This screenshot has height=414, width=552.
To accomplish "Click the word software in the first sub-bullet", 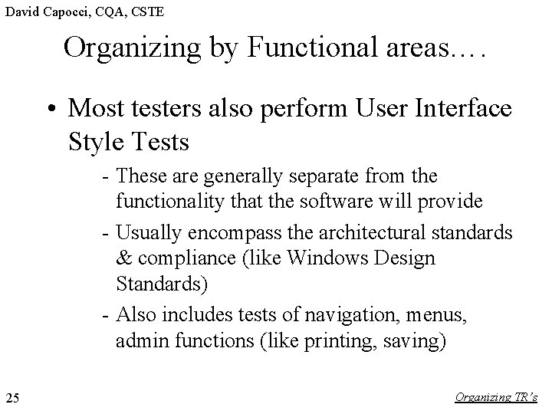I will [x=356, y=202].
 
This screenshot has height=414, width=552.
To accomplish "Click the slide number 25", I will [x=12, y=397].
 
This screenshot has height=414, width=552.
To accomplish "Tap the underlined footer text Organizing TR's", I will [x=496, y=397].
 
